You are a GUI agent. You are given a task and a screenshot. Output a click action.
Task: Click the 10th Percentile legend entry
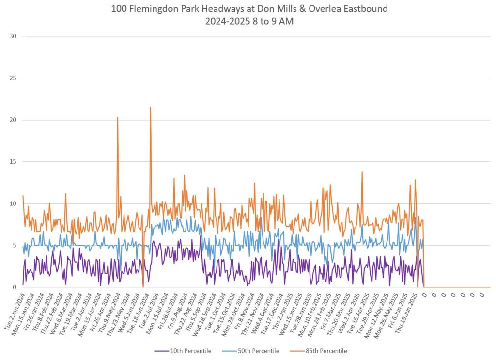click(x=190, y=351)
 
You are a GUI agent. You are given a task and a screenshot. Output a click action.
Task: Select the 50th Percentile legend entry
click(x=259, y=351)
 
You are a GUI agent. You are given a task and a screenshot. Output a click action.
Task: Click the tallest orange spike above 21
click(x=151, y=108)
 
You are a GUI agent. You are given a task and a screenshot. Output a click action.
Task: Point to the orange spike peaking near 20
click(x=117, y=118)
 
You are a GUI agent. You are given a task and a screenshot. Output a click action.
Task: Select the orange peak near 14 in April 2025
click(x=361, y=172)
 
